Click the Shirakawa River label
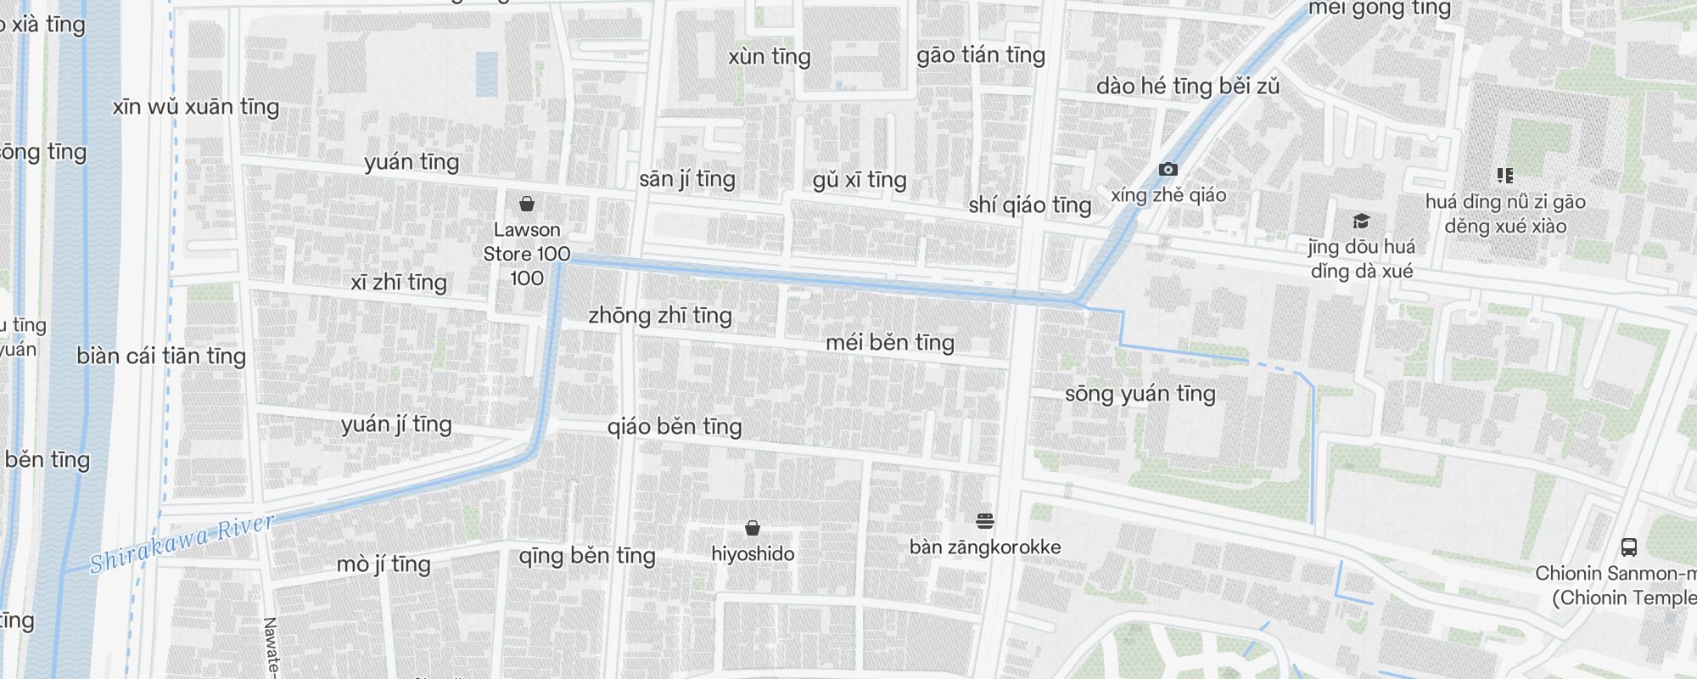pyautogui.click(x=182, y=544)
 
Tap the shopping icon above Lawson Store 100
pyautogui.click(x=527, y=204)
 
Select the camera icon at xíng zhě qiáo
pyautogui.click(x=1168, y=170)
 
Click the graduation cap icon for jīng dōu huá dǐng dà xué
pyautogui.click(x=1361, y=222)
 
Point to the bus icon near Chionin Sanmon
pyautogui.click(x=1628, y=547)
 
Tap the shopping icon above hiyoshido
pyautogui.click(x=752, y=529)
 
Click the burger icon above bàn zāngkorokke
pyautogui.click(x=984, y=520)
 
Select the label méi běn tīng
pyautogui.click(x=890, y=343)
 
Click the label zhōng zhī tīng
pyautogui.click(x=660, y=316)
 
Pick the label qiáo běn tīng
pyautogui.click(x=675, y=426)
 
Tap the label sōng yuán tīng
pyautogui.click(x=1140, y=394)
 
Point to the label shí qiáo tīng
pyautogui.click(x=1030, y=205)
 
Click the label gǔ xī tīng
pyautogui.click(x=860, y=180)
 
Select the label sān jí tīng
pyautogui.click(x=687, y=179)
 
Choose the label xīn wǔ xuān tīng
pyautogui.click(x=196, y=107)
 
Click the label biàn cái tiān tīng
pyautogui.click(x=161, y=356)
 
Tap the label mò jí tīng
pyautogui.click(x=384, y=564)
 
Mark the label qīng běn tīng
pyautogui.click(x=587, y=556)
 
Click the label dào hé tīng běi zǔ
pyautogui.click(x=1187, y=87)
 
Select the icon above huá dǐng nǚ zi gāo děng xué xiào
pyautogui.click(x=1504, y=176)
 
